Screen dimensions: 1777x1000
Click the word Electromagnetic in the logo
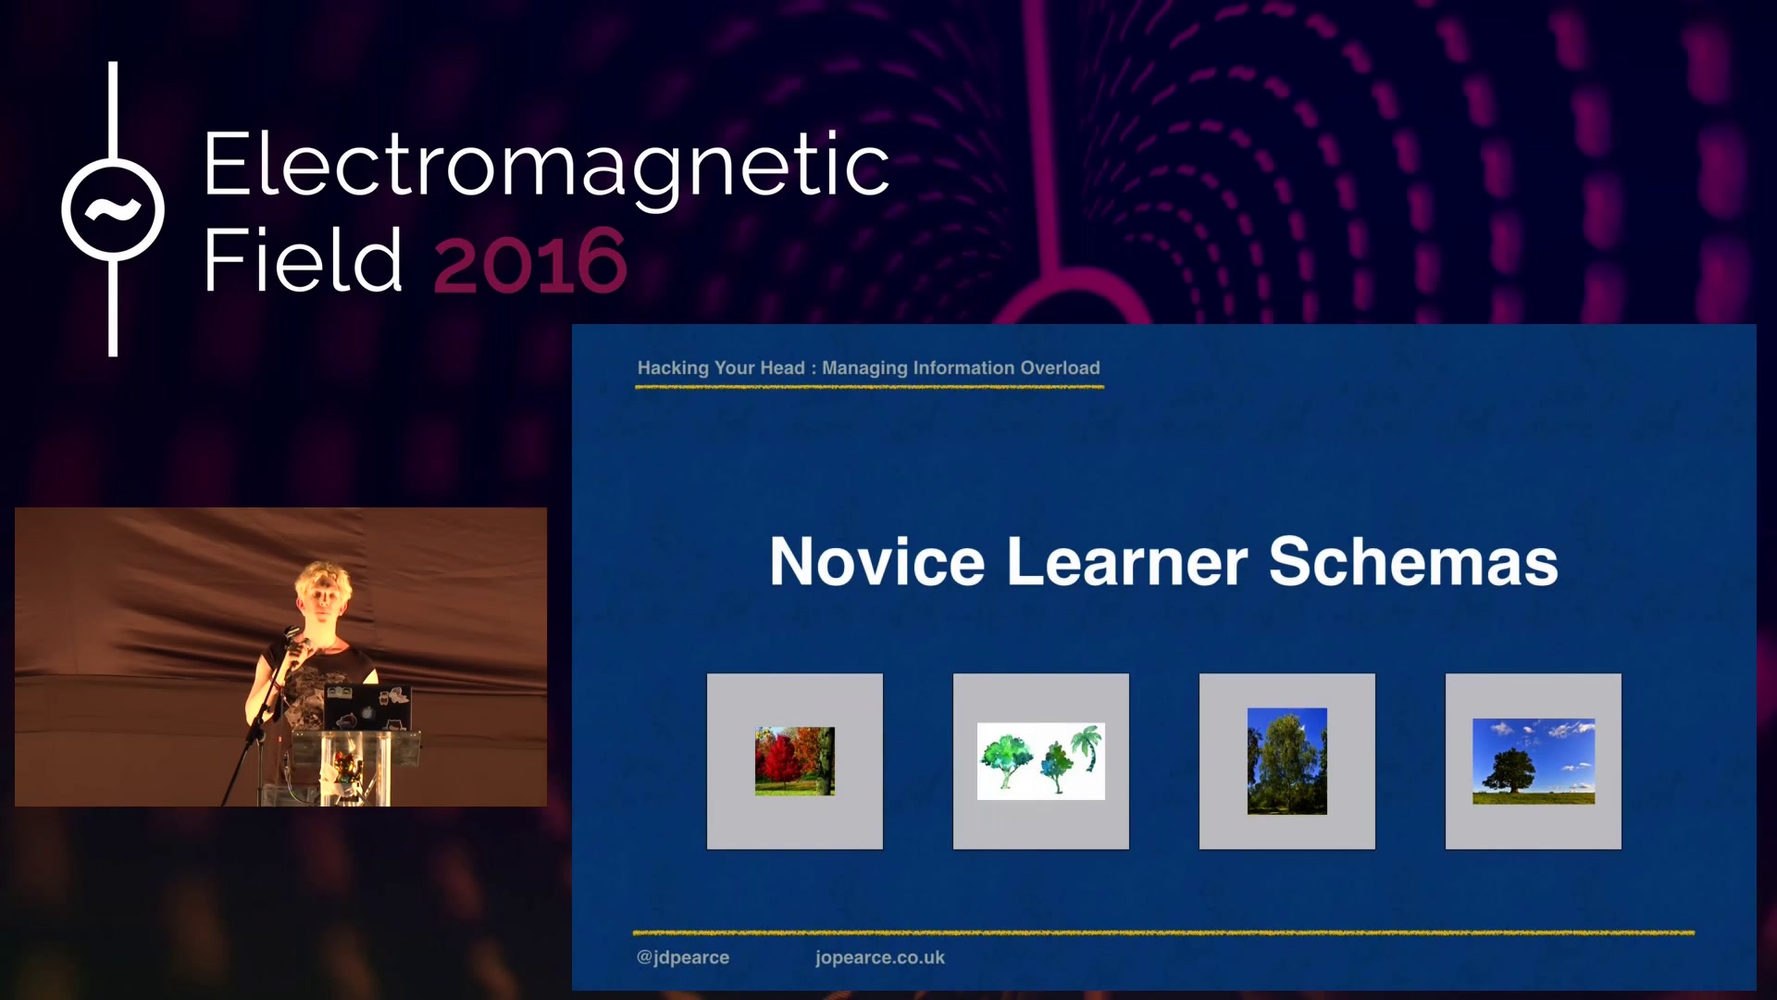[546, 167]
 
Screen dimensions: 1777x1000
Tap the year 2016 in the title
[530, 261]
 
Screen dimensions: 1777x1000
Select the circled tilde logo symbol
[113, 209]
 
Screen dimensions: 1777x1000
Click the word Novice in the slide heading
[877, 561]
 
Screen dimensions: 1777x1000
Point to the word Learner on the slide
[1127, 561]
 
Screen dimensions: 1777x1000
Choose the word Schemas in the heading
[1413, 561]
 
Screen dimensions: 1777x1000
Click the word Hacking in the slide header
[673, 369]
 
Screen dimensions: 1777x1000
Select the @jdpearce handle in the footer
[683, 957]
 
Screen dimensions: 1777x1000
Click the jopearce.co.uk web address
[880, 957]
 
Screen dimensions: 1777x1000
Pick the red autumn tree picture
[795, 761]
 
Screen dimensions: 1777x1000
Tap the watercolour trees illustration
[1041, 761]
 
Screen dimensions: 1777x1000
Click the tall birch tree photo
[1287, 761]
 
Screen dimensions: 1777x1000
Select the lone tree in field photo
[1534, 761]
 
